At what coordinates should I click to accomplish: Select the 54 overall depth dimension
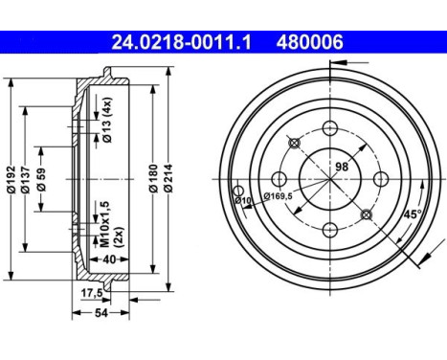(x=101, y=316)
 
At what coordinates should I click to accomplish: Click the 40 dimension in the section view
(x=109, y=259)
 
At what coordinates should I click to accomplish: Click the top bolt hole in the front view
(x=330, y=128)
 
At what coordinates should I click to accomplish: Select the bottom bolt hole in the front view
(x=330, y=228)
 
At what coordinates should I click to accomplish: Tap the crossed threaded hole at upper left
(x=295, y=144)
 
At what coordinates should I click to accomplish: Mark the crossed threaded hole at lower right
(x=366, y=214)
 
